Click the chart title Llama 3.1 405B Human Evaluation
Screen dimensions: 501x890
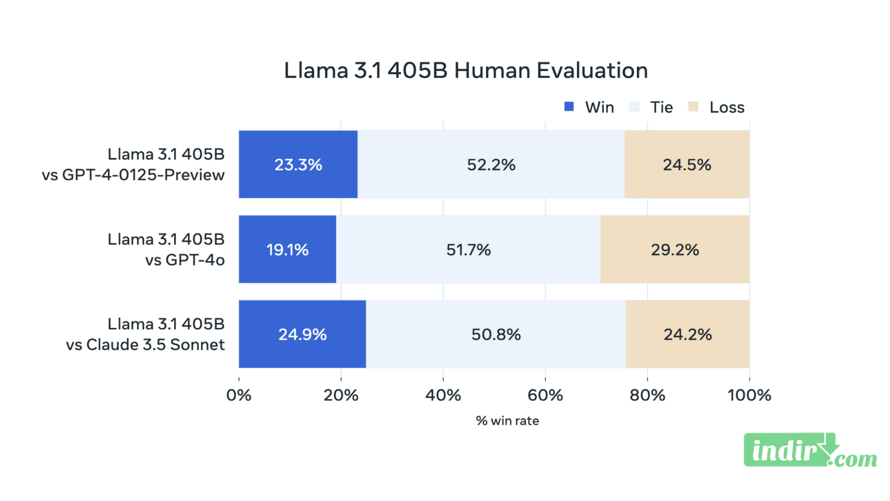[466, 71]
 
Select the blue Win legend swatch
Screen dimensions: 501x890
[568, 107]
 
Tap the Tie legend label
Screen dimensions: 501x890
[661, 107]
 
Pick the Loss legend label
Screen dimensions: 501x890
[726, 107]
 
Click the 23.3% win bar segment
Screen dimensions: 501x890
[298, 165]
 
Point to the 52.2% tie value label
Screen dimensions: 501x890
[491, 165]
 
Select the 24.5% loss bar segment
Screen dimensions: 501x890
[687, 165]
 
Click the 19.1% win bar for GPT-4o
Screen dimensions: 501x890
[287, 249]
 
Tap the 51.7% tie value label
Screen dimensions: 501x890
[468, 249]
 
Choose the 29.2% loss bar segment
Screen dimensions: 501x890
[675, 249]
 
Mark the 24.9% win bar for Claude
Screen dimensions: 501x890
[302, 335]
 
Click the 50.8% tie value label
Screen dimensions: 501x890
[496, 335]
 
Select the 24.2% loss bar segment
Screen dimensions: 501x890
[688, 335]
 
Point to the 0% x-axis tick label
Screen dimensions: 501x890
[239, 395]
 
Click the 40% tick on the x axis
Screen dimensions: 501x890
[443, 395]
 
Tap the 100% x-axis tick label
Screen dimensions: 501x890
[749, 395]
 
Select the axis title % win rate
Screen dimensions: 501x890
[507, 421]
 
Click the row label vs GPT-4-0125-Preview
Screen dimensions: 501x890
[133, 175]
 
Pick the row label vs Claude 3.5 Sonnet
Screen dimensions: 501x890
[145, 345]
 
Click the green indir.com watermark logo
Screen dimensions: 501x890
[809, 450]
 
